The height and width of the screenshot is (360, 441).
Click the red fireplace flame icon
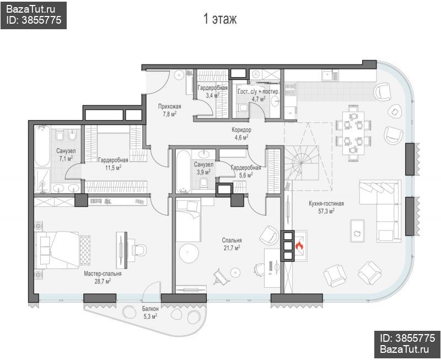click(x=299, y=246)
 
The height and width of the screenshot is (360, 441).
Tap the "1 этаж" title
click(x=220, y=19)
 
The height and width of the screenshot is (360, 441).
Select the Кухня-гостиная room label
click(x=326, y=203)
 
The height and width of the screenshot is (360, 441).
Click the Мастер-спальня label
click(x=103, y=273)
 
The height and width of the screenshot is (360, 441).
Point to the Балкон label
click(x=150, y=309)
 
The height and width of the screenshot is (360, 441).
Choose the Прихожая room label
click(x=170, y=106)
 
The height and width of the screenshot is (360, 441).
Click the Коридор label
click(x=241, y=130)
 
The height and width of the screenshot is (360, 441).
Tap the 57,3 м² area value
click(x=326, y=211)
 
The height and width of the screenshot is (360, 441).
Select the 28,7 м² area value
click(x=103, y=281)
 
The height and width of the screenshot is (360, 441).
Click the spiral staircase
click(x=302, y=163)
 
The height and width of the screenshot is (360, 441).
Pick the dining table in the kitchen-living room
click(x=353, y=133)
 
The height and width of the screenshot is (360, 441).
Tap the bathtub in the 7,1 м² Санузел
click(x=42, y=146)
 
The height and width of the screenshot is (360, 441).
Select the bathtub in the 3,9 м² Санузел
click(x=184, y=171)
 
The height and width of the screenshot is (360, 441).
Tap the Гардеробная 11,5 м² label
click(x=113, y=164)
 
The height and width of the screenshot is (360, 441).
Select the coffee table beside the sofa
click(x=357, y=230)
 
